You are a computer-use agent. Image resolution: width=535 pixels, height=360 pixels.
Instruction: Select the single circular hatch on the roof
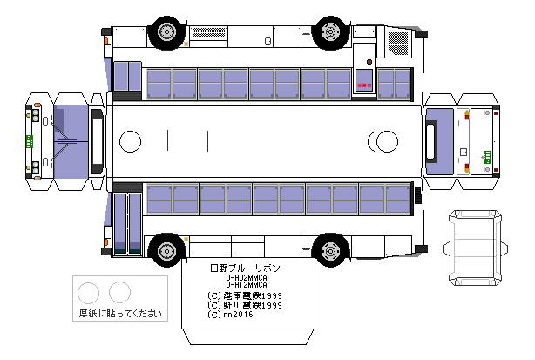point(130,140)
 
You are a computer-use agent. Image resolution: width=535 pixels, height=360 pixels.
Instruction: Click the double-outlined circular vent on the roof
point(382,140)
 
